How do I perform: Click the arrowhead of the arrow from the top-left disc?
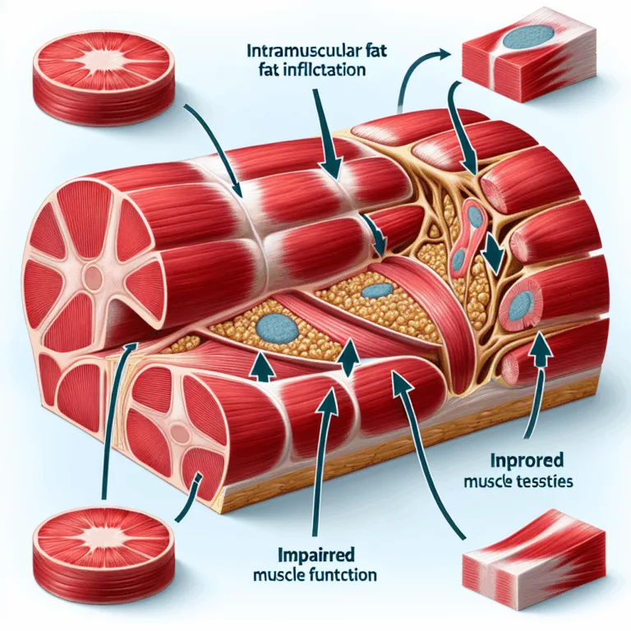click(239, 187)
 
